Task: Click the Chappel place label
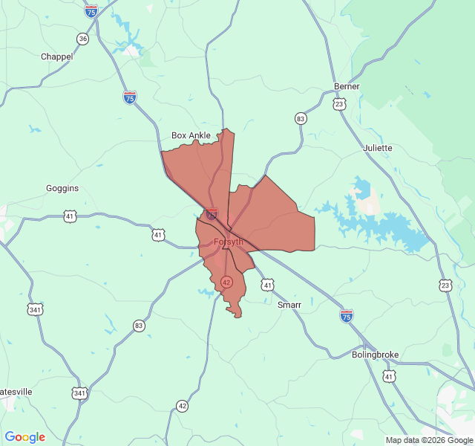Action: coord(56,56)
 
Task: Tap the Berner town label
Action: coord(347,86)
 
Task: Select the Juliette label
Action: coord(378,148)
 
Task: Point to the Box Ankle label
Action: coord(191,135)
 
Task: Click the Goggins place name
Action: coord(62,189)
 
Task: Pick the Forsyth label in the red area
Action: coord(228,242)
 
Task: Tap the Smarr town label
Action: coord(289,305)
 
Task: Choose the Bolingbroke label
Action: coord(376,355)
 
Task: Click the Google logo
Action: coord(24,437)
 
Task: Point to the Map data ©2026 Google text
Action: coord(428,440)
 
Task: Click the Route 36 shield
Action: coord(82,39)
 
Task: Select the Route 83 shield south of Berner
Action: coord(301,118)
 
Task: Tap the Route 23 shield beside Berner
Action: coord(339,104)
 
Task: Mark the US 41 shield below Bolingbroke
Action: coord(389,377)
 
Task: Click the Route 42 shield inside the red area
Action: coord(226,282)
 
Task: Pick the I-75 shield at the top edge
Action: coord(91,10)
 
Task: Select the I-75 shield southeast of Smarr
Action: coord(347,316)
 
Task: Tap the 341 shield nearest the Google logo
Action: coord(79,392)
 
